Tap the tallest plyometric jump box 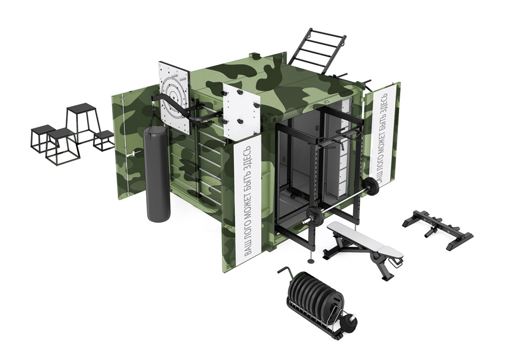tap(82, 122)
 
